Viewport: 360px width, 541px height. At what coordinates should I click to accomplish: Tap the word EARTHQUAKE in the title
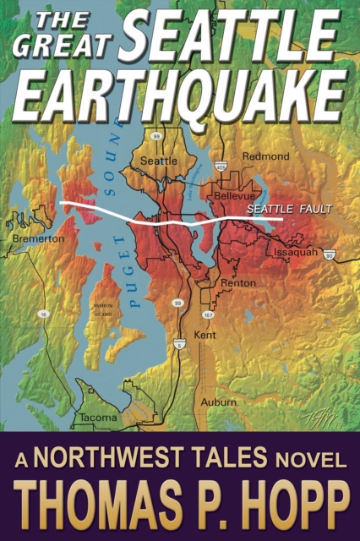click(179, 94)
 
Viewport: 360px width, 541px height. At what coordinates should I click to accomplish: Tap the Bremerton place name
click(39, 239)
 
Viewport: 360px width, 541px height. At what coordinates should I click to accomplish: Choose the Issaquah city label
click(295, 252)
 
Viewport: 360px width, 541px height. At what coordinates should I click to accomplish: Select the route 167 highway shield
click(207, 315)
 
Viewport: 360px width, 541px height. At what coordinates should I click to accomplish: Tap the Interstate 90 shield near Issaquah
click(330, 254)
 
